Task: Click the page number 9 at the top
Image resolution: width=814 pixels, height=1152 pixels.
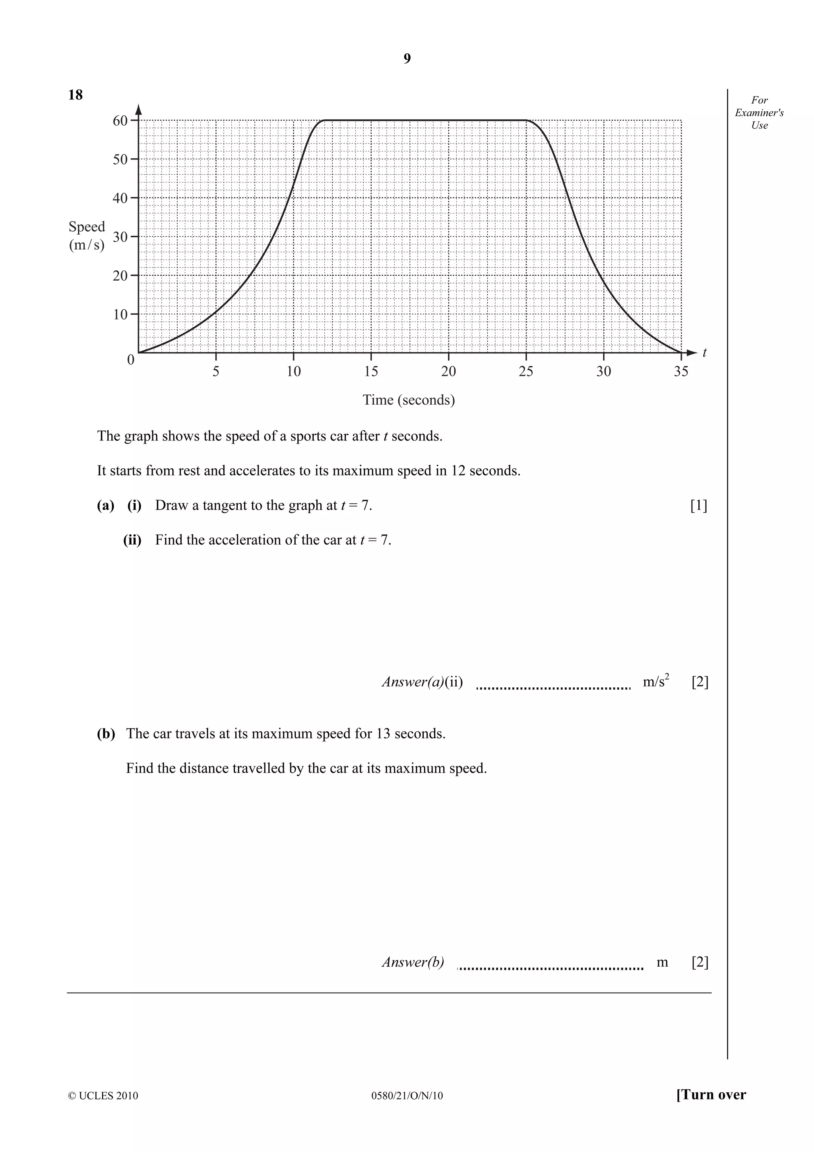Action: (x=407, y=59)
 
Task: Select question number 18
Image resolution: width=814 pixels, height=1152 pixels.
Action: (x=75, y=95)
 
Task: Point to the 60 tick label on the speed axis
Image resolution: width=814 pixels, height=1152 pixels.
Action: (x=120, y=120)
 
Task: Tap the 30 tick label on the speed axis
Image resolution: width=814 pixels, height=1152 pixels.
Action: (x=120, y=237)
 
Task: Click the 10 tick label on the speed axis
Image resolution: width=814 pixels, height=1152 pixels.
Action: (x=120, y=314)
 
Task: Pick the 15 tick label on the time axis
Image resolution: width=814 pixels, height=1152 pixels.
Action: (x=371, y=372)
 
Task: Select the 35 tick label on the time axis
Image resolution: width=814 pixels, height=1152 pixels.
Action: (x=680, y=372)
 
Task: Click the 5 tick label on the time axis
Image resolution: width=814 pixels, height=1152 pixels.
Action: (x=216, y=372)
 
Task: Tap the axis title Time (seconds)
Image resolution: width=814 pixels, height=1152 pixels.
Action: (x=408, y=400)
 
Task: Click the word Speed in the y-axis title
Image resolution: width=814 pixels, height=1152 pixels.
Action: (x=87, y=227)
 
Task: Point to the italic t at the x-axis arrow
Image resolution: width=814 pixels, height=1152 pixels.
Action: (x=704, y=353)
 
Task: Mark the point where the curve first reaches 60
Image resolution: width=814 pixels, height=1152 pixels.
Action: (x=324, y=120)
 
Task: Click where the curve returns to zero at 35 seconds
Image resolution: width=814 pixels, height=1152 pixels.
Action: (x=680, y=353)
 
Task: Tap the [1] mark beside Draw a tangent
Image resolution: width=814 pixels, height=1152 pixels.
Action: (x=699, y=505)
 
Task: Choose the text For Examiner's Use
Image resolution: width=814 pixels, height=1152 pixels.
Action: (x=759, y=113)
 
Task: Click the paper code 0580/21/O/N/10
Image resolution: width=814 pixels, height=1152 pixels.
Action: (x=407, y=1110)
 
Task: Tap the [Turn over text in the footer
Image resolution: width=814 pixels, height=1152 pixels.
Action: (x=711, y=1109)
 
